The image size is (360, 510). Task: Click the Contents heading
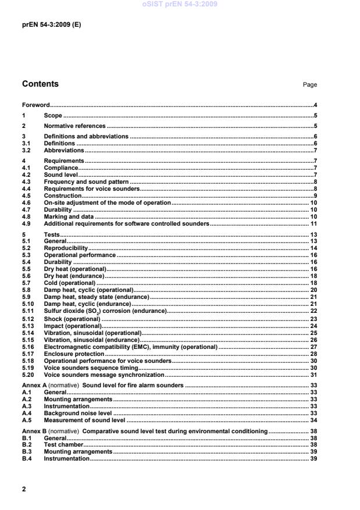coord(40,84)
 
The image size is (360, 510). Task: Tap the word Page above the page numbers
coord(310,85)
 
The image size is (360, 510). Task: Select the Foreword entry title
coord(35,105)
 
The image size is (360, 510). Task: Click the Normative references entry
coord(74,126)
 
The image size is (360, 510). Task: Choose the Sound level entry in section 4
coord(61,174)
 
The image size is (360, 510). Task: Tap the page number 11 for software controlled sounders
coord(313,223)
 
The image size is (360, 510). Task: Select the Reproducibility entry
coord(66,248)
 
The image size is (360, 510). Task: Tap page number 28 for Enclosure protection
coord(313,354)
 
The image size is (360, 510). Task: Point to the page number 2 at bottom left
coord(24,489)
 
